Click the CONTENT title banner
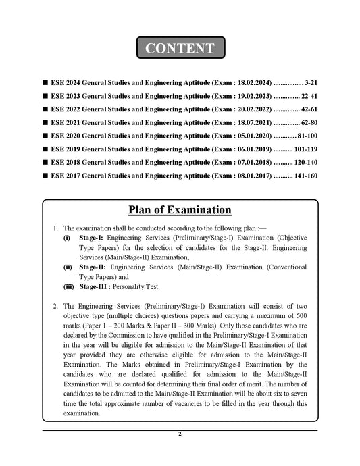[180, 49]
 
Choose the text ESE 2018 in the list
[66, 162]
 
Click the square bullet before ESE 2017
[44, 176]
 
